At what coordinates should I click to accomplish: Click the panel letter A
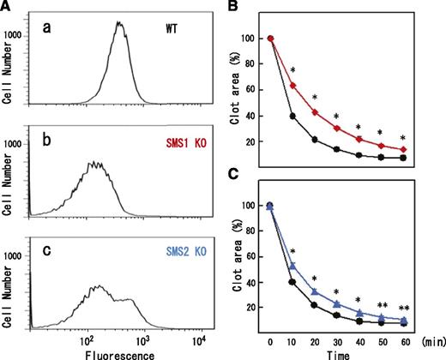tap(8, 8)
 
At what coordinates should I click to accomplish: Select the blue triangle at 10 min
tap(292, 267)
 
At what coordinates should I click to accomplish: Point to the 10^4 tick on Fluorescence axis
tap(198, 339)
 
